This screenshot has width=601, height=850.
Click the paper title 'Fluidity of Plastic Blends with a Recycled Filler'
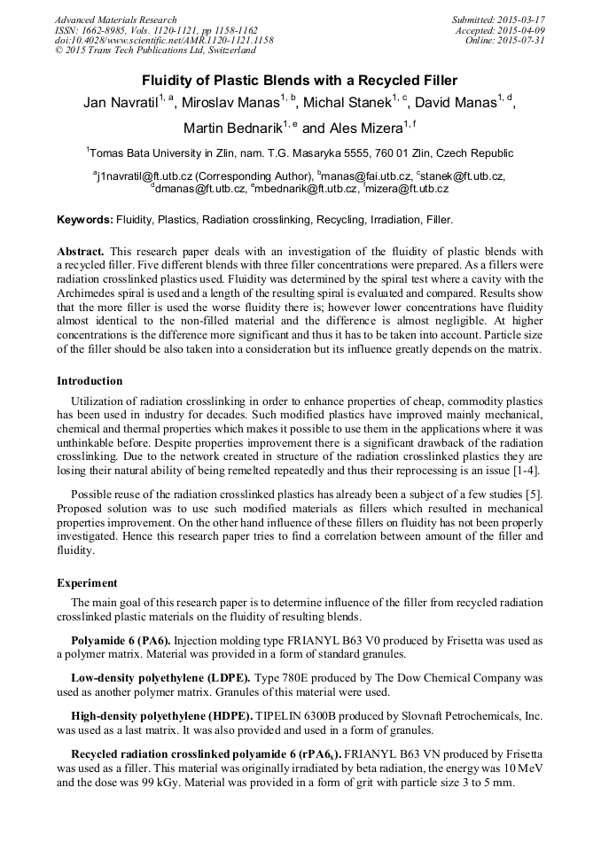click(300, 80)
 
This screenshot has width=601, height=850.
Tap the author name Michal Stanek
click(350, 104)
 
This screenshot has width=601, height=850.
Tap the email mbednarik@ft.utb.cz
click(307, 189)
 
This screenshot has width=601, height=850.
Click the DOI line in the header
click(164, 41)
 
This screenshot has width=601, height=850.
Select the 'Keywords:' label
click(85, 219)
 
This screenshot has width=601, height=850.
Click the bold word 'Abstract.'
click(81, 252)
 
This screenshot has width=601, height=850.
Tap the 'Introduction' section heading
click(90, 381)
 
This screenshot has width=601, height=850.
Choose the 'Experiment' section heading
click(87, 583)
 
